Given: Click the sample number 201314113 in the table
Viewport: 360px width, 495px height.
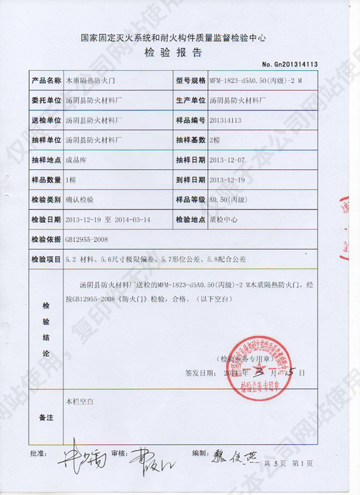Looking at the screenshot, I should click(x=229, y=120).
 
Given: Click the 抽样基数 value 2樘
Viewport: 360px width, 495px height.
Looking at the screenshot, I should click(x=215, y=140).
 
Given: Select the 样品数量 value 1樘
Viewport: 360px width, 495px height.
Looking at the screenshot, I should click(x=72, y=180).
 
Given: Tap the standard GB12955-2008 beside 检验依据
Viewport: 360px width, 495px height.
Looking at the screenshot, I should click(x=88, y=240).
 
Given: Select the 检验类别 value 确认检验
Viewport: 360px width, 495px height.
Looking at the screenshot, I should click(x=80, y=200).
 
